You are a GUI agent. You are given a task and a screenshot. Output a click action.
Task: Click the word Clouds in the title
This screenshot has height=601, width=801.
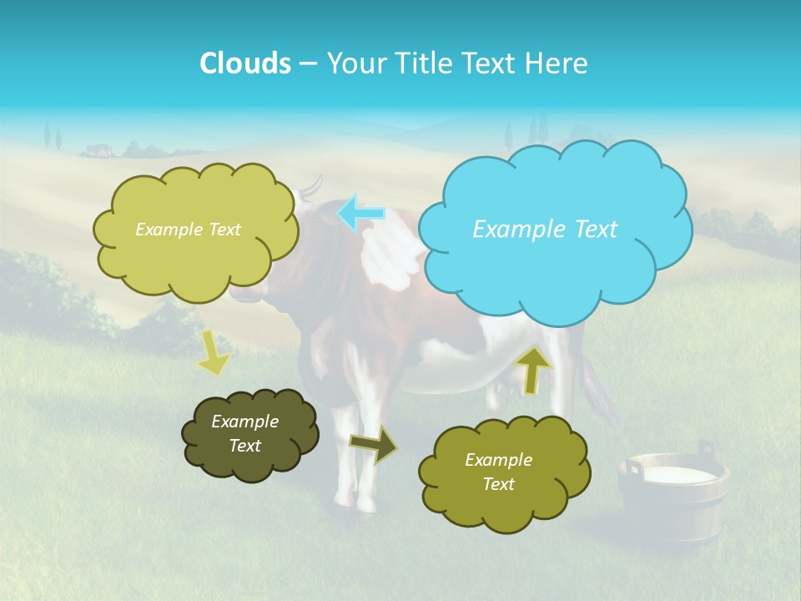pos(244,63)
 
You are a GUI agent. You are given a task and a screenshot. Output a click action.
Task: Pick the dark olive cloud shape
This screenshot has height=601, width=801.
pos(250,459)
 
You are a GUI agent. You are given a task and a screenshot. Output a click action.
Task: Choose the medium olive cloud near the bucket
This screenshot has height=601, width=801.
pos(504,501)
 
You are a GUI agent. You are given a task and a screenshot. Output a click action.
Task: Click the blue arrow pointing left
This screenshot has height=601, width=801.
pos(361,213)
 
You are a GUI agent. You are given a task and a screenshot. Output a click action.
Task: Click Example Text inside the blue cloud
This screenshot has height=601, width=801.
pos(545,230)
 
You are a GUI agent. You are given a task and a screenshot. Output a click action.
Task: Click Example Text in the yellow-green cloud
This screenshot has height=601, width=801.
pos(188,230)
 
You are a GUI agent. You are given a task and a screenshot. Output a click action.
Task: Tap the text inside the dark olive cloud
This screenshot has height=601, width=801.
pos(244,433)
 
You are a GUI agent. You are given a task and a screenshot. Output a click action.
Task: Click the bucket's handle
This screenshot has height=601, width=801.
pos(632,468)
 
